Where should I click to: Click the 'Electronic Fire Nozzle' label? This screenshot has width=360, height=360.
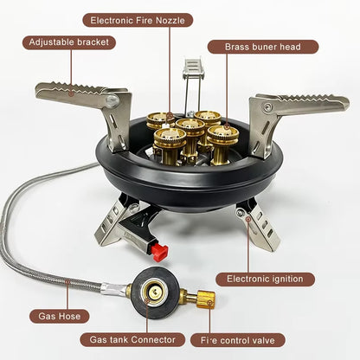tap(138, 18)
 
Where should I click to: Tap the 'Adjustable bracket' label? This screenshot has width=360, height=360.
tap(70, 42)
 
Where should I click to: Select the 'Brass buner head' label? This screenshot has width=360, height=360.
tap(262, 47)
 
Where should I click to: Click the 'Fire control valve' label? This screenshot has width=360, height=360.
tap(237, 340)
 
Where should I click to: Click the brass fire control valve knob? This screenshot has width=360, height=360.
tap(205, 299)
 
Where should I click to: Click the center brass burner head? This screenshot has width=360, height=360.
tap(190, 131)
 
